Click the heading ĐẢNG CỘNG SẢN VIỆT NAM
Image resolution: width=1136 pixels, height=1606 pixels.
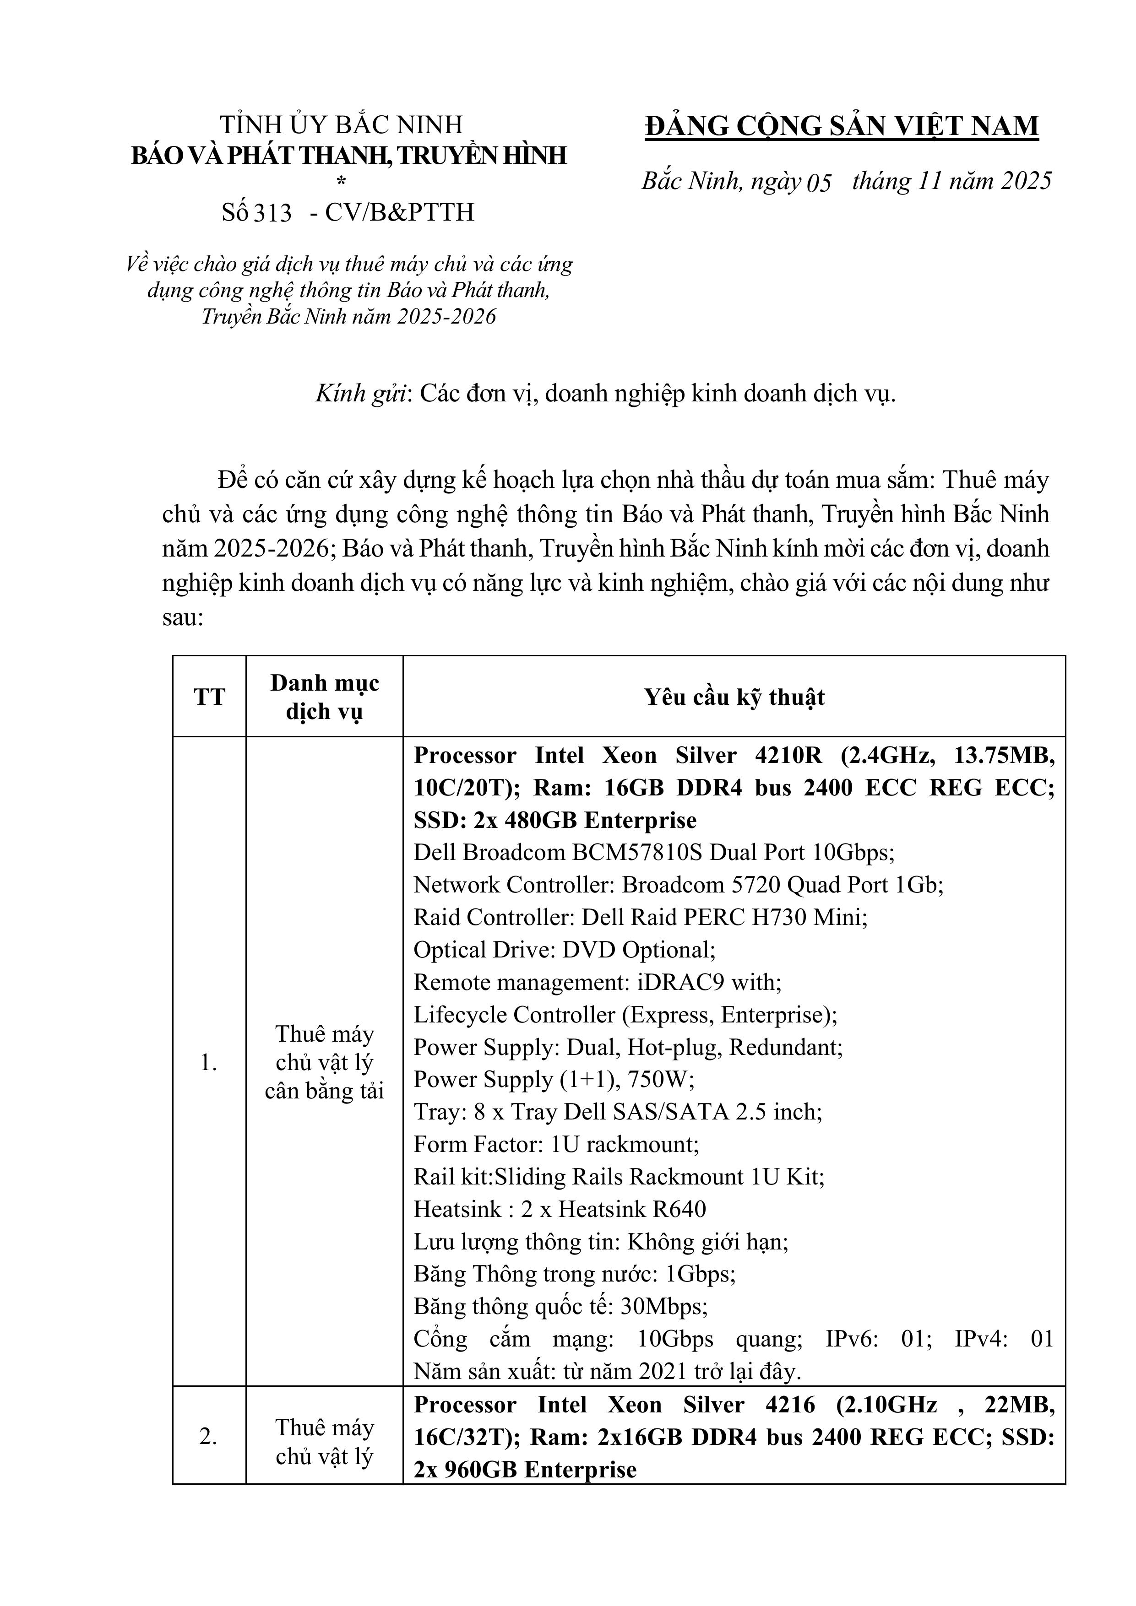pos(841,126)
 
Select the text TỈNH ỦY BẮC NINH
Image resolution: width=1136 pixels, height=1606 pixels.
pos(342,124)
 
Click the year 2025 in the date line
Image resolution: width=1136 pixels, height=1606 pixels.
pos(1025,181)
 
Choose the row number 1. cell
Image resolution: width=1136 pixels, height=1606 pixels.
pos(209,1063)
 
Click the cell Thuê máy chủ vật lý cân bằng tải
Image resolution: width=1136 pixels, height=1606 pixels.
pos(325,1063)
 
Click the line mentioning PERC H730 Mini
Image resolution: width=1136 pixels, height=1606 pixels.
pos(641,918)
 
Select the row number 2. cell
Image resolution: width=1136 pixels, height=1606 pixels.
pos(209,1437)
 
